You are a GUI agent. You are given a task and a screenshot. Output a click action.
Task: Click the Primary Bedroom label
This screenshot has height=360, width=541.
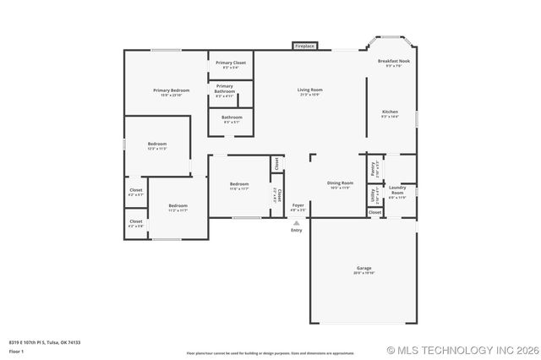(x=171, y=90)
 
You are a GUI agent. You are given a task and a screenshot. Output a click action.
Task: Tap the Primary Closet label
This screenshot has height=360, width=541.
(x=231, y=63)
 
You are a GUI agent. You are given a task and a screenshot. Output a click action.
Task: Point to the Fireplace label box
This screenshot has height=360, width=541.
(x=304, y=46)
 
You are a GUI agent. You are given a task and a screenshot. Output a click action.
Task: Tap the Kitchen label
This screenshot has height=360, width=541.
(x=390, y=112)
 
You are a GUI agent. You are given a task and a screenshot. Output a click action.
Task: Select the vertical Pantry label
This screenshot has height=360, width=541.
(x=373, y=167)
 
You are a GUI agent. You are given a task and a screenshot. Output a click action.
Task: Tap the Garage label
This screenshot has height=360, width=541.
(x=363, y=268)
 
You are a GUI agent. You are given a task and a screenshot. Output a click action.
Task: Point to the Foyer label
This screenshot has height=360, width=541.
(x=298, y=205)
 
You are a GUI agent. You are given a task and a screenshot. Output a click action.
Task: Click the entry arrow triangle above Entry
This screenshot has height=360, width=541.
(x=296, y=223)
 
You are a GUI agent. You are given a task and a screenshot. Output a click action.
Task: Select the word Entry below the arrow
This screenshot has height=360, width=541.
(x=296, y=230)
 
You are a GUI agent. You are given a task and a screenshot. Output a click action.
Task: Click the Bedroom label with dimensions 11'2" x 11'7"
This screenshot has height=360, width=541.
(x=178, y=206)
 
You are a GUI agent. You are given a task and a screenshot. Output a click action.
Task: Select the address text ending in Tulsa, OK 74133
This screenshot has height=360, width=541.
(x=44, y=342)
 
